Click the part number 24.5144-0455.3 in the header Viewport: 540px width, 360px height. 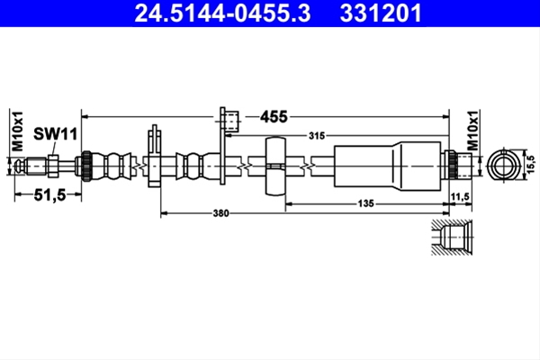click(222, 13)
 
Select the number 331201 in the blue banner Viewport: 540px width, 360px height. click(381, 13)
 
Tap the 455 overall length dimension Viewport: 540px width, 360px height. click(274, 117)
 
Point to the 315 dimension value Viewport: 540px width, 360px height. click(317, 136)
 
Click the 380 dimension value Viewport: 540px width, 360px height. click(220, 213)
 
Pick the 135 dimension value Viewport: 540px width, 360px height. click(365, 203)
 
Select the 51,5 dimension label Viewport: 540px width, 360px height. click(49, 195)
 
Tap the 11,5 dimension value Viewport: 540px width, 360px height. click(460, 197)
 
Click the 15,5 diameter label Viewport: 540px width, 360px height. click(531, 164)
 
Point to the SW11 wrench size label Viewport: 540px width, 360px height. click(55, 134)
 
